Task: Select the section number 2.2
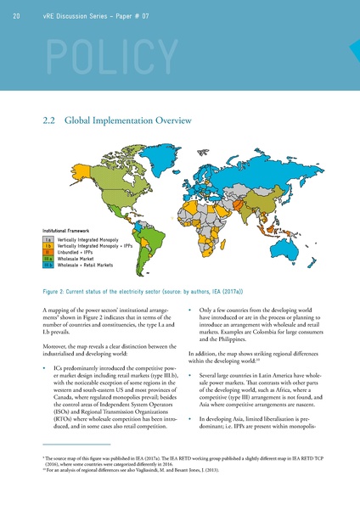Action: coord(48,121)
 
